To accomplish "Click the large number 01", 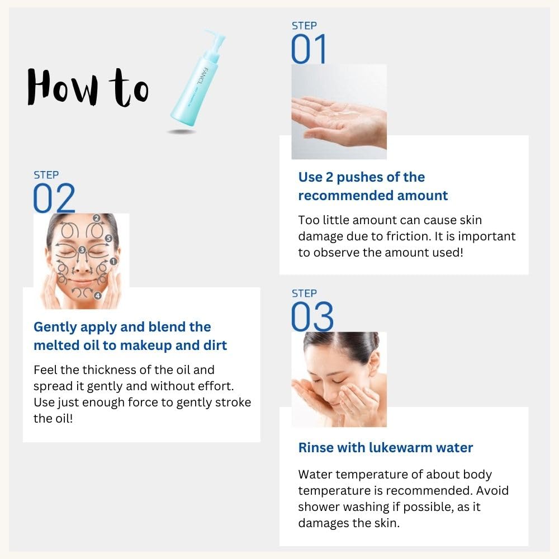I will (309, 49).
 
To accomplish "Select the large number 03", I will (312, 317).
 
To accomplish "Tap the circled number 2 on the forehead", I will (96, 218).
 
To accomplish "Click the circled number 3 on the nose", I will (82, 249).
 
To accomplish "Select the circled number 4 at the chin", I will (98, 295).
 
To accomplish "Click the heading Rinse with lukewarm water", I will (386, 448).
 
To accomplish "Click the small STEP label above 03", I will (304, 293).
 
